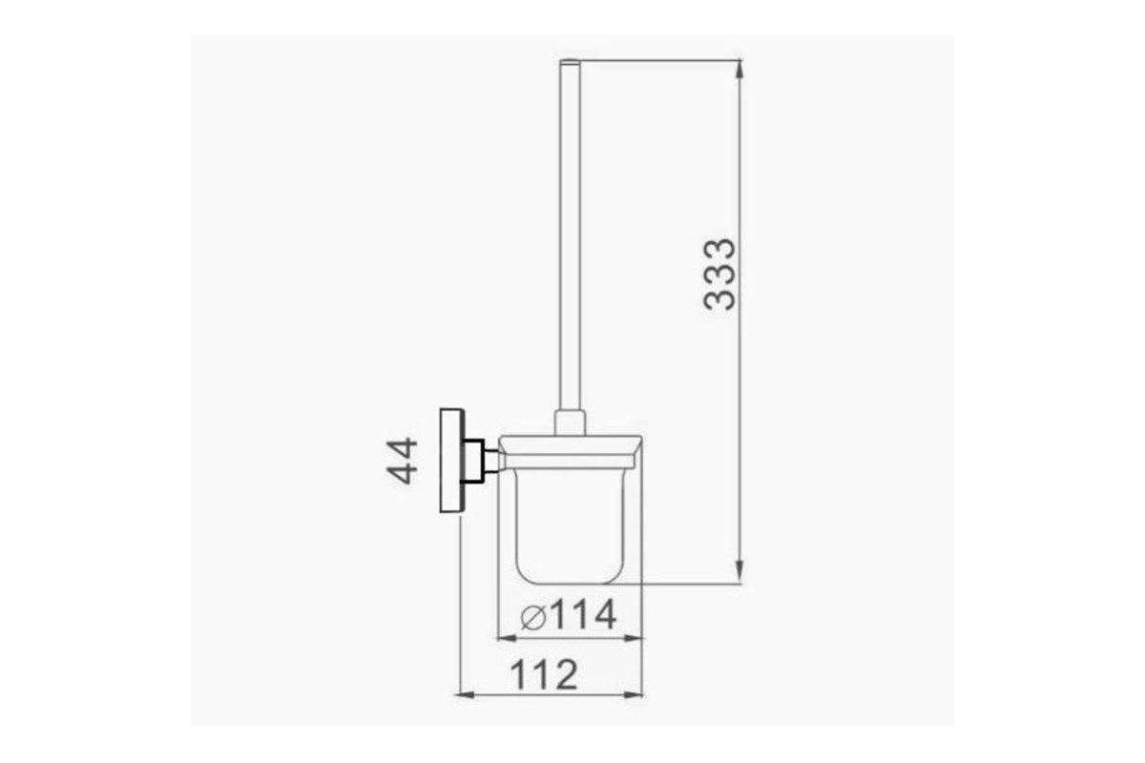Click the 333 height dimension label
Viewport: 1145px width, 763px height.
[x=719, y=275]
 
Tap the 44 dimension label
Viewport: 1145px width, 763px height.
[x=403, y=461]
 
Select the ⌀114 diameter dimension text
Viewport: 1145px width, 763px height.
[x=569, y=615]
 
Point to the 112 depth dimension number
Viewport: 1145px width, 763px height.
[x=544, y=674]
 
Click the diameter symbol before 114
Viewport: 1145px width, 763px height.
[x=533, y=617]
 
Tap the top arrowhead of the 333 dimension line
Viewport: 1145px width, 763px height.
[x=739, y=70]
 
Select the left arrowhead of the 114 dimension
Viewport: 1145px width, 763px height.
[x=508, y=638]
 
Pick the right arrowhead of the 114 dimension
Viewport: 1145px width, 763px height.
[x=633, y=638]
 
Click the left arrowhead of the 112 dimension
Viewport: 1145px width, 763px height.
[x=466, y=695]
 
